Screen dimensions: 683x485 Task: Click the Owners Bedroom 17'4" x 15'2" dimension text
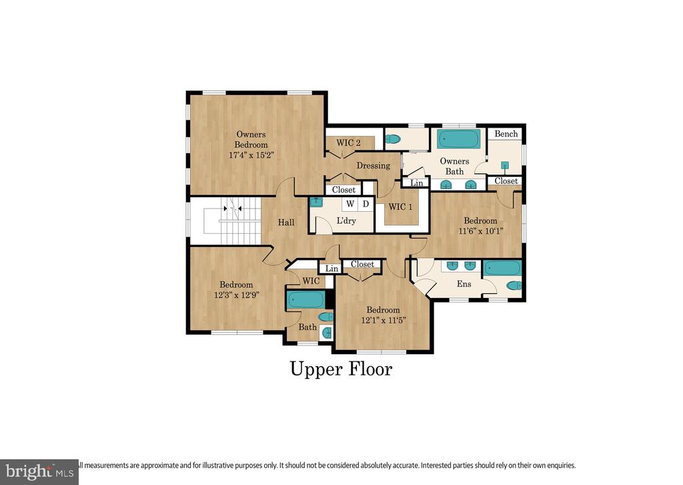[251, 155]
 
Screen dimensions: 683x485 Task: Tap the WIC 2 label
[348, 142]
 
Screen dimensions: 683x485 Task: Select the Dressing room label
[374, 166]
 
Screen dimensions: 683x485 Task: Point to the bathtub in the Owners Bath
[459, 140]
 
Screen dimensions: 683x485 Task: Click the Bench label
[506, 134]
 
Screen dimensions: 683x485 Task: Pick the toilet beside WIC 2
[393, 139]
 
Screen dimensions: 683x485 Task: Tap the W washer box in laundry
[350, 204]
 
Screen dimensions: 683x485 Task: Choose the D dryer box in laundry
[366, 204]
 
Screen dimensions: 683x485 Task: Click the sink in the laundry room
[315, 202]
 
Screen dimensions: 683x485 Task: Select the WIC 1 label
[400, 206]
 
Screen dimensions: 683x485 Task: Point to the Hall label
[286, 222]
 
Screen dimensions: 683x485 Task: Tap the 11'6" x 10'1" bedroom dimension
[480, 231]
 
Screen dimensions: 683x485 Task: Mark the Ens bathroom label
[464, 284]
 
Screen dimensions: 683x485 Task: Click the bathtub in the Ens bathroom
[502, 269]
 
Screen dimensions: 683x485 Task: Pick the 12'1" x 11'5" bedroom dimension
[384, 320]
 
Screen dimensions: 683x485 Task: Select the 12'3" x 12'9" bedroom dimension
[237, 295]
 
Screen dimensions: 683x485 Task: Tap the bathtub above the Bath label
[305, 300]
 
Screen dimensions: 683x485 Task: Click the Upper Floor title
[341, 369]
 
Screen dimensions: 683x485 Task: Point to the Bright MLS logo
[39, 472]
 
